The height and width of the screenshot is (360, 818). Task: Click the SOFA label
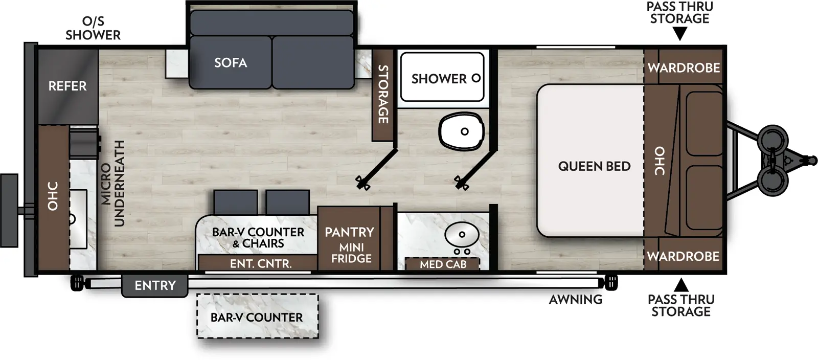pos(231,63)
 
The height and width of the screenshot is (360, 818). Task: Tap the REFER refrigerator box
pos(67,86)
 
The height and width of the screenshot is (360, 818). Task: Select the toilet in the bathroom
pos(461,131)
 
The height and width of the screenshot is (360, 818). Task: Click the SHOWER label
pos(439,79)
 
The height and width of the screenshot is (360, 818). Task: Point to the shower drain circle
pos(476,78)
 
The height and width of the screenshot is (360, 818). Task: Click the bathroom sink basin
pos(462,235)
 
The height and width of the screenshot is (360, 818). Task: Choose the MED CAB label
pos(443,264)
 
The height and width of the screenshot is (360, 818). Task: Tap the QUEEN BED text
pos(594,166)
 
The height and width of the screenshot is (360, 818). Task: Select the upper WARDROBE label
pos(684,67)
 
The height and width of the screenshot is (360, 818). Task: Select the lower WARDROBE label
pos(683,256)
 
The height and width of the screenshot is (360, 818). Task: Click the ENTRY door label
pos(155,285)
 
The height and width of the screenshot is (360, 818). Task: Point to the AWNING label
pos(576,300)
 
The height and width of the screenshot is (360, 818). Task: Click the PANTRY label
pos(349,232)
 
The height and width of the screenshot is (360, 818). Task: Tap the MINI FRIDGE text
pos(351,253)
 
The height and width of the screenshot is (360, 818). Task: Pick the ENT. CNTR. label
pos(261,264)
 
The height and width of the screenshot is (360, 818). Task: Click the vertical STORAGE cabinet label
pos(383,94)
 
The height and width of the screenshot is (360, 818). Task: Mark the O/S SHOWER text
pos(93,28)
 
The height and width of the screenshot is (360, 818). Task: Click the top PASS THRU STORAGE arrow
pos(679,34)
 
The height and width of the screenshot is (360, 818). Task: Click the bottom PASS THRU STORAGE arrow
pos(681,284)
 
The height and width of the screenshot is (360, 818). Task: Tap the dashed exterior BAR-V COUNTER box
pos(257,317)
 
